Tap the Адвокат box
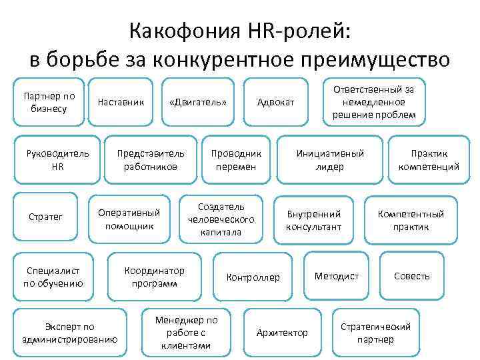tap(275, 102)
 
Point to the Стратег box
tap(45, 217)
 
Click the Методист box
tap(337, 276)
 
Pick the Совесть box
tap(411, 276)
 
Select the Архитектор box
tap(282, 332)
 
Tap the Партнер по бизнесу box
tap(49, 102)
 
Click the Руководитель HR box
tap(57, 160)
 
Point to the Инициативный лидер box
tap(330, 160)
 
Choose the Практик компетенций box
tap(429, 160)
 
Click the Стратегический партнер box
tap(375, 332)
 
